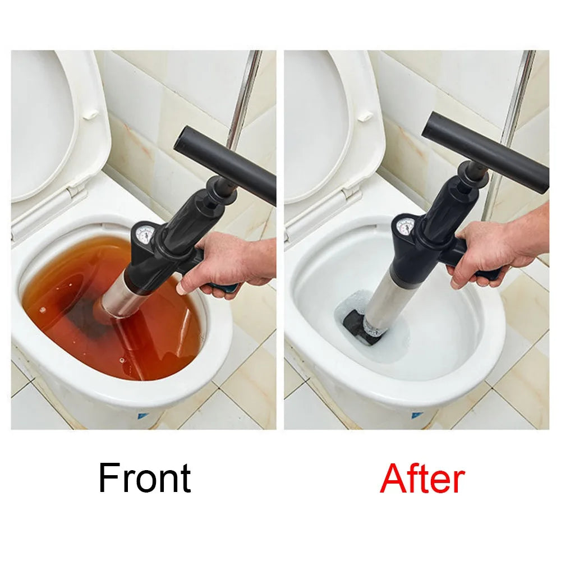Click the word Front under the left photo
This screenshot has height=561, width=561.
(x=145, y=479)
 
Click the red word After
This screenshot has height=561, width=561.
(x=422, y=479)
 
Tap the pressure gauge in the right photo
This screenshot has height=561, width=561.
(x=405, y=227)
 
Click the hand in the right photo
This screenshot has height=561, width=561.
(x=494, y=247)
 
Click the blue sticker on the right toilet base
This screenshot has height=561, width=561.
(x=416, y=416)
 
